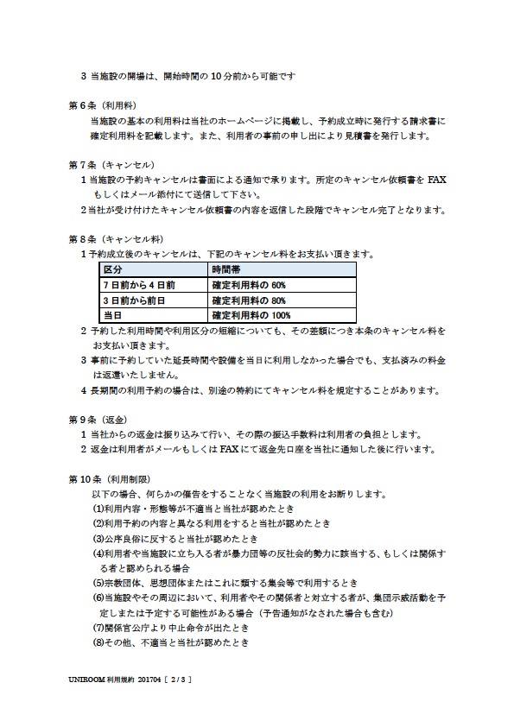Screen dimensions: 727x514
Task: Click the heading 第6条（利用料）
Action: (x=98, y=107)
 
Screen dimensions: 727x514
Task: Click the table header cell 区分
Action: (x=113, y=270)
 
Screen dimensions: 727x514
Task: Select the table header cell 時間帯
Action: (x=227, y=270)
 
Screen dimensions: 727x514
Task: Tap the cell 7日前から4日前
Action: (x=139, y=285)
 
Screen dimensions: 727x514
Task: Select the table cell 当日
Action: (x=113, y=316)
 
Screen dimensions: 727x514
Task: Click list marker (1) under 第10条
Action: (x=98, y=509)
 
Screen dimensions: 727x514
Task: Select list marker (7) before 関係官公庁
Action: (x=98, y=628)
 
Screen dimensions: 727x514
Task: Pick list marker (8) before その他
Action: (x=98, y=643)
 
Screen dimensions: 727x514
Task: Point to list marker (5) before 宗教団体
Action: (x=98, y=583)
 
